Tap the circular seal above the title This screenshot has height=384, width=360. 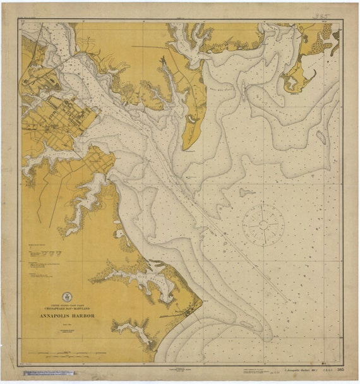tap(67, 297)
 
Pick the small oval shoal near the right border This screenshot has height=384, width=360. tap(321, 137)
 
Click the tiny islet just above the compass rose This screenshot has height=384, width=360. tap(247, 192)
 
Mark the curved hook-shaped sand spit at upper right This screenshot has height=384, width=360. tap(304, 79)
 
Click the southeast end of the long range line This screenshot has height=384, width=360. tap(287, 299)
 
